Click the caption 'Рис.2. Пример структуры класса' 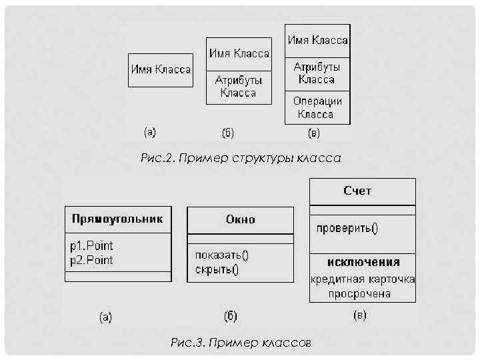[x=241, y=159]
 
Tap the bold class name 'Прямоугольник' [x=117, y=219]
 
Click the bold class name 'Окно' [x=240, y=219]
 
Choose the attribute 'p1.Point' [x=92, y=246]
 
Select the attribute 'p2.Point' [x=92, y=260]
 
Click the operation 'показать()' [x=222, y=255]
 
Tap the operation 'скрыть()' [x=217, y=270]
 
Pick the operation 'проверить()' [x=347, y=229]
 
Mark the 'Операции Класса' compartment [x=317, y=107]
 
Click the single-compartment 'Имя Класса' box [x=161, y=70]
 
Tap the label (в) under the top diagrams [x=313, y=133]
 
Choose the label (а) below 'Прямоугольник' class [x=105, y=317]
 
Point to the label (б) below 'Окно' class [x=230, y=315]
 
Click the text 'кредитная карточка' [x=363, y=279]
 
